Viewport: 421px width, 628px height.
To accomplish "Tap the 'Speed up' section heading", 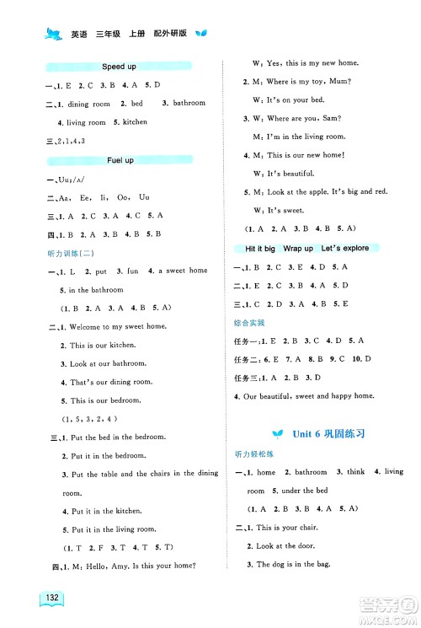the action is (x=119, y=66).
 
